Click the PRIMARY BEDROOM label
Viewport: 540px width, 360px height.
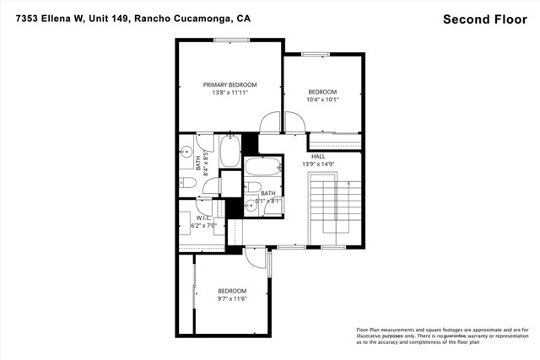[229, 84]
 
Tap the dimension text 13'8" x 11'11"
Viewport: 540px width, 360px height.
[229, 93]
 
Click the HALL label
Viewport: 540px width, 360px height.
[318, 156]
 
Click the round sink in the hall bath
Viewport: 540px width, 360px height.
[251, 204]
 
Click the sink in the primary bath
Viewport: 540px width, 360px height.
[186, 153]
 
